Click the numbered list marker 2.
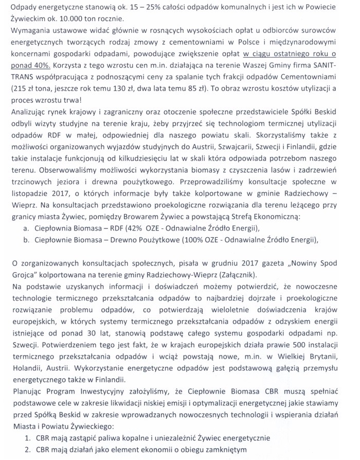28,450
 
